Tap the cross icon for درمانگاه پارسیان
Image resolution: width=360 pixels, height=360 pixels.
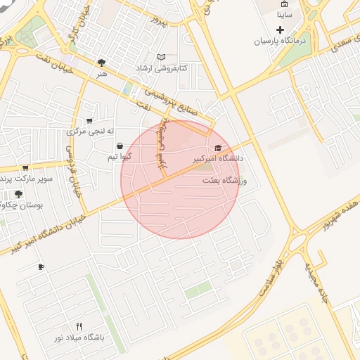coord(281,30)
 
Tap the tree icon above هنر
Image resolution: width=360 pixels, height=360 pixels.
coord(103,63)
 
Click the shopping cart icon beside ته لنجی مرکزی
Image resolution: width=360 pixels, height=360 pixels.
coord(89,121)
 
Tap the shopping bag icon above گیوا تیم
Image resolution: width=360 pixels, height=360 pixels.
coord(120,146)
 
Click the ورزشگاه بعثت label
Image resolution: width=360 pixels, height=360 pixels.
coord(220,181)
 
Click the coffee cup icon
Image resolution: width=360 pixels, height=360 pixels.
coord(41,266)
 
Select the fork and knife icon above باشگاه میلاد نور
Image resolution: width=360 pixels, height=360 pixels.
coord(79,326)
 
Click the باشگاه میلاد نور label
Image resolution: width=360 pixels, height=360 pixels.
coord(79,337)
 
